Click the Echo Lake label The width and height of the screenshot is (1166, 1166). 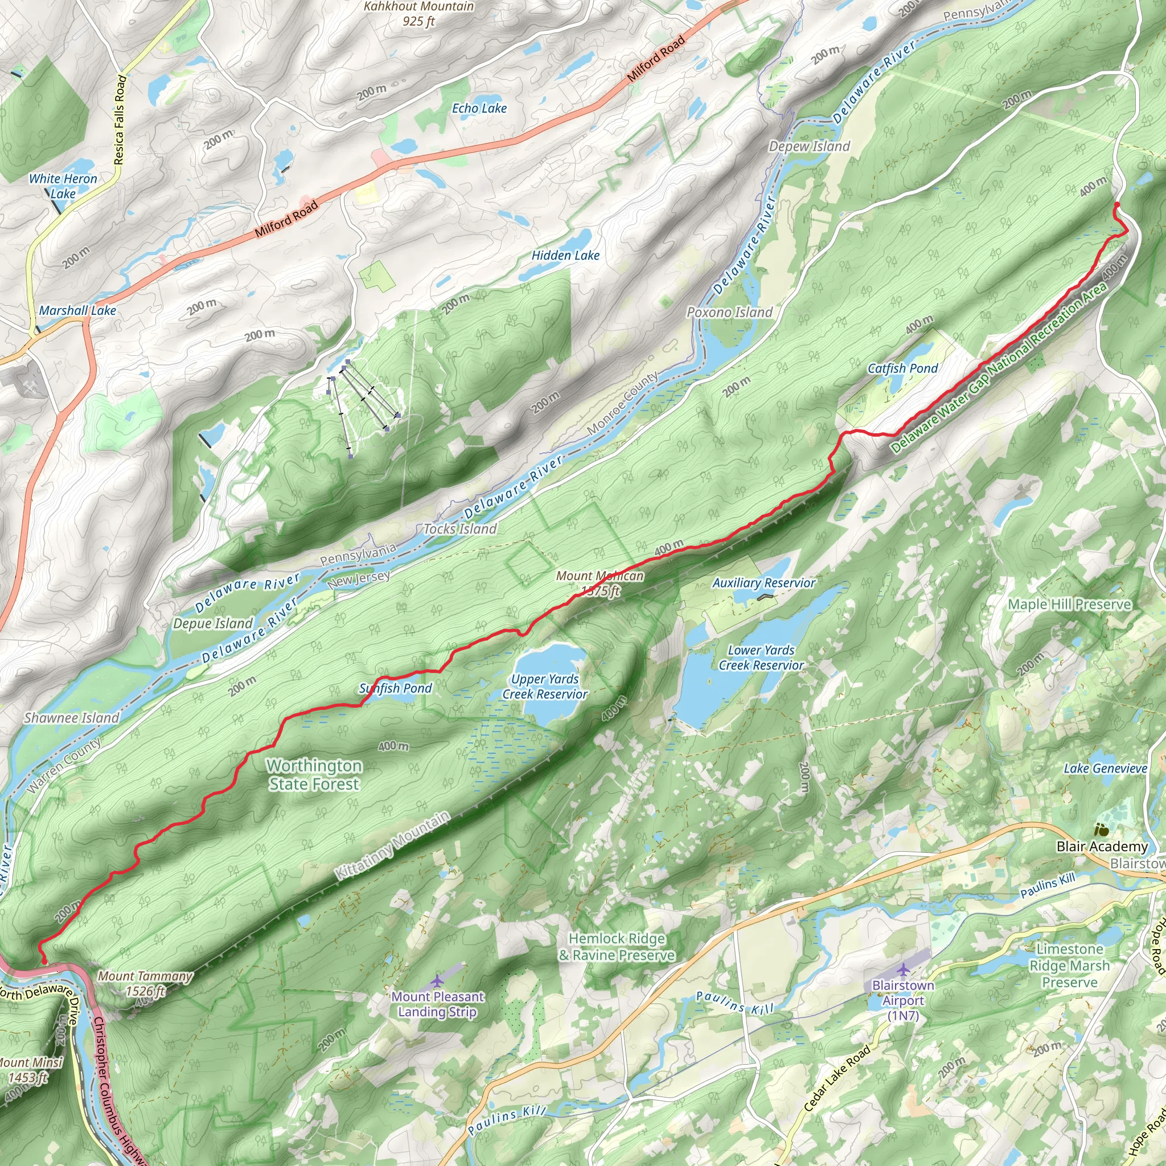(x=479, y=109)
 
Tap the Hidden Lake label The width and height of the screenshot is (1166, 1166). (x=565, y=256)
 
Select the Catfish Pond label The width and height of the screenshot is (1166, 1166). (x=902, y=368)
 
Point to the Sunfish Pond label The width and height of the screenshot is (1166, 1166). (x=395, y=688)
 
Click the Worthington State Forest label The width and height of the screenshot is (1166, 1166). (x=314, y=774)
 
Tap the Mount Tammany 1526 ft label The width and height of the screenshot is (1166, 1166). (x=145, y=983)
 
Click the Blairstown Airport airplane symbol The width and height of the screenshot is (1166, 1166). (x=903, y=970)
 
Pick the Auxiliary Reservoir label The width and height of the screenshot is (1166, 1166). (x=763, y=583)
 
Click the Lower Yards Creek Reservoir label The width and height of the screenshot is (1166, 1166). (x=761, y=658)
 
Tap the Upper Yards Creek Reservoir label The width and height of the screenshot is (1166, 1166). (x=544, y=687)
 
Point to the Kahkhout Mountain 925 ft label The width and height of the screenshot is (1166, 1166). (x=419, y=14)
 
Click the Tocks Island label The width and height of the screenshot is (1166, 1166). (x=460, y=529)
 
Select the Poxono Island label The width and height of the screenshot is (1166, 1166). (x=729, y=313)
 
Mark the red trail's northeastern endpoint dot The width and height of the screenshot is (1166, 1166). (x=1116, y=205)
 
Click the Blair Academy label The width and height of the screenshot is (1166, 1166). (x=1102, y=847)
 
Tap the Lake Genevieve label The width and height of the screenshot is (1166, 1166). (x=1105, y=768)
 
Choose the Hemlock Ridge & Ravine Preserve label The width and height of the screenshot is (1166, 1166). (x=616, y=946)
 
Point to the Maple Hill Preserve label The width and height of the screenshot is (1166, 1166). (x=1069, y=604)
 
